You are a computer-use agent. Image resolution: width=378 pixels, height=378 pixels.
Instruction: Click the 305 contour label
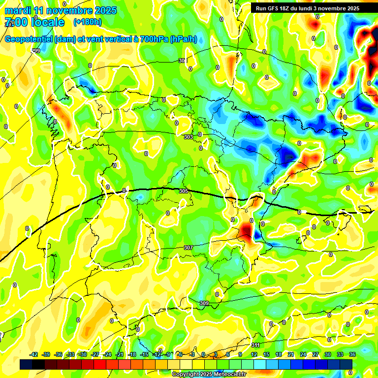[184, 191]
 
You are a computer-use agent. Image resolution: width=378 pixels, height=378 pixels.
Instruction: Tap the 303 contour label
[188, 137]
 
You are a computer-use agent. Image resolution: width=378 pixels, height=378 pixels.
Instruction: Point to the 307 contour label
[188, 248]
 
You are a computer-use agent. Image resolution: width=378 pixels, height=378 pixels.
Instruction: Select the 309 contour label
[205, 303]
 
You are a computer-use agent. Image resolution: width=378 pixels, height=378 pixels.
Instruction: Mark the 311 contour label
[255, 345]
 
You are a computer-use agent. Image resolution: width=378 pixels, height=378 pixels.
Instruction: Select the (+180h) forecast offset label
[88, 22]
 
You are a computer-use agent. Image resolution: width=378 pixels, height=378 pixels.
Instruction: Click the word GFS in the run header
[275, 8]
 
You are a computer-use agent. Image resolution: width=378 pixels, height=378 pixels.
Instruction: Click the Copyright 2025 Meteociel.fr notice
[209, 375]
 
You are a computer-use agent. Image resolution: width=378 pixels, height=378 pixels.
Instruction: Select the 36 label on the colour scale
[352, 354]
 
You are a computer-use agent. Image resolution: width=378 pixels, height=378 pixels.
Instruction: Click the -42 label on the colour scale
[34, 354]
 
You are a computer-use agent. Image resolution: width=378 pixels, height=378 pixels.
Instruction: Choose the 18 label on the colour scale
[278, 354]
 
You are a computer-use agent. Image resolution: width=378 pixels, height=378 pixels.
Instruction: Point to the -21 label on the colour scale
[120, 354]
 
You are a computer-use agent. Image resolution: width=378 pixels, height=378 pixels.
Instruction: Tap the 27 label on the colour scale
[315, 354]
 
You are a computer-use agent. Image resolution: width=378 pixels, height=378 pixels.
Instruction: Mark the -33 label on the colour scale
[70, 354]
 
